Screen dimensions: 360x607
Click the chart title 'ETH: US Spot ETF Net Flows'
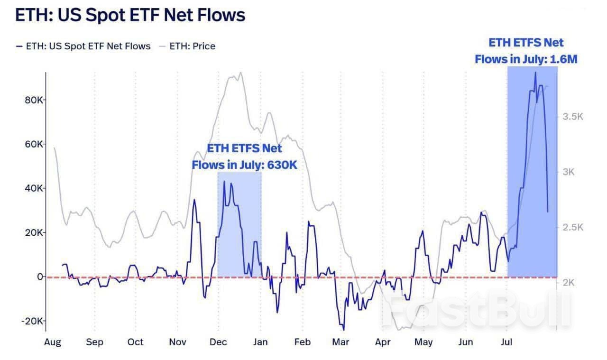pyautogui.click(x=130, y=15)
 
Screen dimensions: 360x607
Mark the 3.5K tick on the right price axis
pyautogui.click(x=572, y=117)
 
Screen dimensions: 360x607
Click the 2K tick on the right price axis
pyautogui.click(x=568, y=282)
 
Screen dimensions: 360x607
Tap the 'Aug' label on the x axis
pyautogui.click(x=53, y=342)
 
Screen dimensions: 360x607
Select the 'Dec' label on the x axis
pyautogui.click(x=219, y=342)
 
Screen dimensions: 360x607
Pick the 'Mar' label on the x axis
pyautogui.click(x=340, y=342)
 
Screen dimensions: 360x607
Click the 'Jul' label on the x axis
pyautogui.click(x=507, y=342)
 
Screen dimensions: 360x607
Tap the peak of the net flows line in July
pyautogui.click(x=535, y=73)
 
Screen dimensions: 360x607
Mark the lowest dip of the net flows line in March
pyautogui.click(x=343, y=330)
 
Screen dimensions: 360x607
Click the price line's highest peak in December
pyautogui.click(x=241, y=73)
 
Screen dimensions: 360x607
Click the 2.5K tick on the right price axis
pyautogui.click(x=572, y=227)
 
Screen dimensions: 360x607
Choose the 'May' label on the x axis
pyautogui.click(x=423, y=342)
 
